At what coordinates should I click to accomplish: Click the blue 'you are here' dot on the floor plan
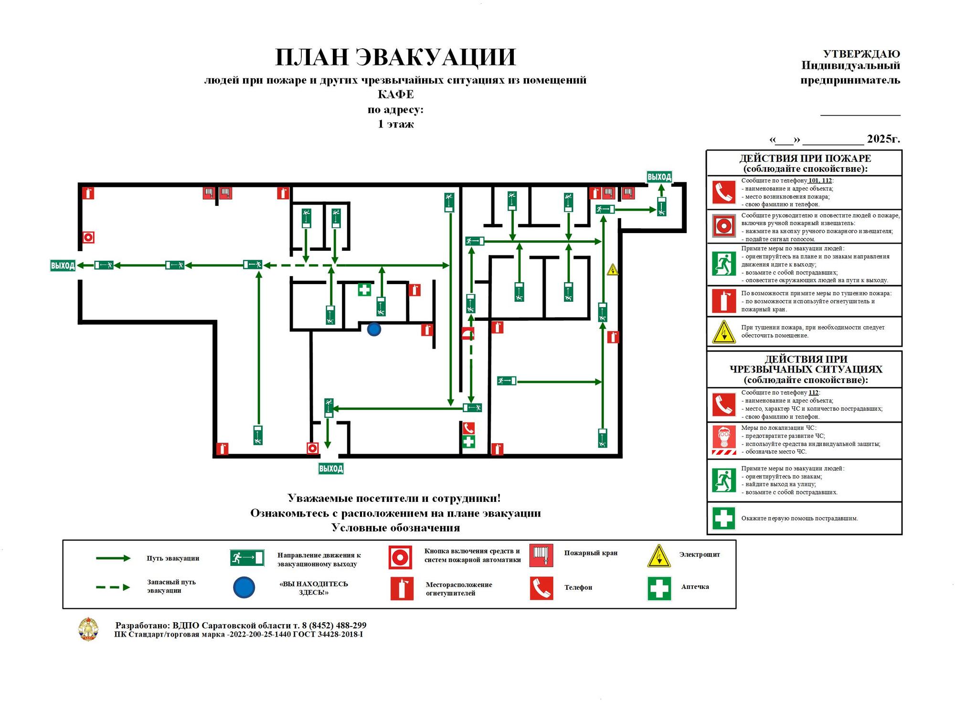click(x=374, y=329)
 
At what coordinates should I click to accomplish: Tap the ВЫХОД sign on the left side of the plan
click(x=63, y=266)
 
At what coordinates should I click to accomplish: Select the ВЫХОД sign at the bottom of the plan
click(x=331, y=468)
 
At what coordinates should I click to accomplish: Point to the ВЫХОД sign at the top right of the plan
click(x=659, y=177)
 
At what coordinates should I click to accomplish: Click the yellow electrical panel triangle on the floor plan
click(x=613, y=270)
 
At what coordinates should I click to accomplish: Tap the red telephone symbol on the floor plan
click(x=468, y=428)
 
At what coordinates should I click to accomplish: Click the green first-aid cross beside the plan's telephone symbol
click(x=468, y=441)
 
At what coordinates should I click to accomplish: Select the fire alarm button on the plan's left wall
click(x=88, y=237)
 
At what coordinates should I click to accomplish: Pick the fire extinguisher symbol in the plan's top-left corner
click(x=88, y=193)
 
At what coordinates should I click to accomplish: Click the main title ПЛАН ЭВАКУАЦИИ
click(x=396, y=57)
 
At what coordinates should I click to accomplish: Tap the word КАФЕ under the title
click(x=396, y=94)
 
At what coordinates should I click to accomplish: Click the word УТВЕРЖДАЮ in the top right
click(x=861, y=53)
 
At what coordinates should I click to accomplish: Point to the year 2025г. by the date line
click(x=883, y=138)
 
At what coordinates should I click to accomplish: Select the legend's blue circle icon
click(x=244, y=587)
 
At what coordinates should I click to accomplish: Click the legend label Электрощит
click(x=700, y=554)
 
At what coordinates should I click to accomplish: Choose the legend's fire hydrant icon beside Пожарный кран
click(x=541, y=555)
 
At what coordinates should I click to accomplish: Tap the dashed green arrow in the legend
click(x=113, y=587)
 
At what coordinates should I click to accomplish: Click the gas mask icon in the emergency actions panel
click(x=724, y=440)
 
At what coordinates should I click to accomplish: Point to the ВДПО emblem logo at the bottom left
click(x=88, y=629)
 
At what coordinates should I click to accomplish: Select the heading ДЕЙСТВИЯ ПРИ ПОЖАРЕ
click(x=805, y=158)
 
